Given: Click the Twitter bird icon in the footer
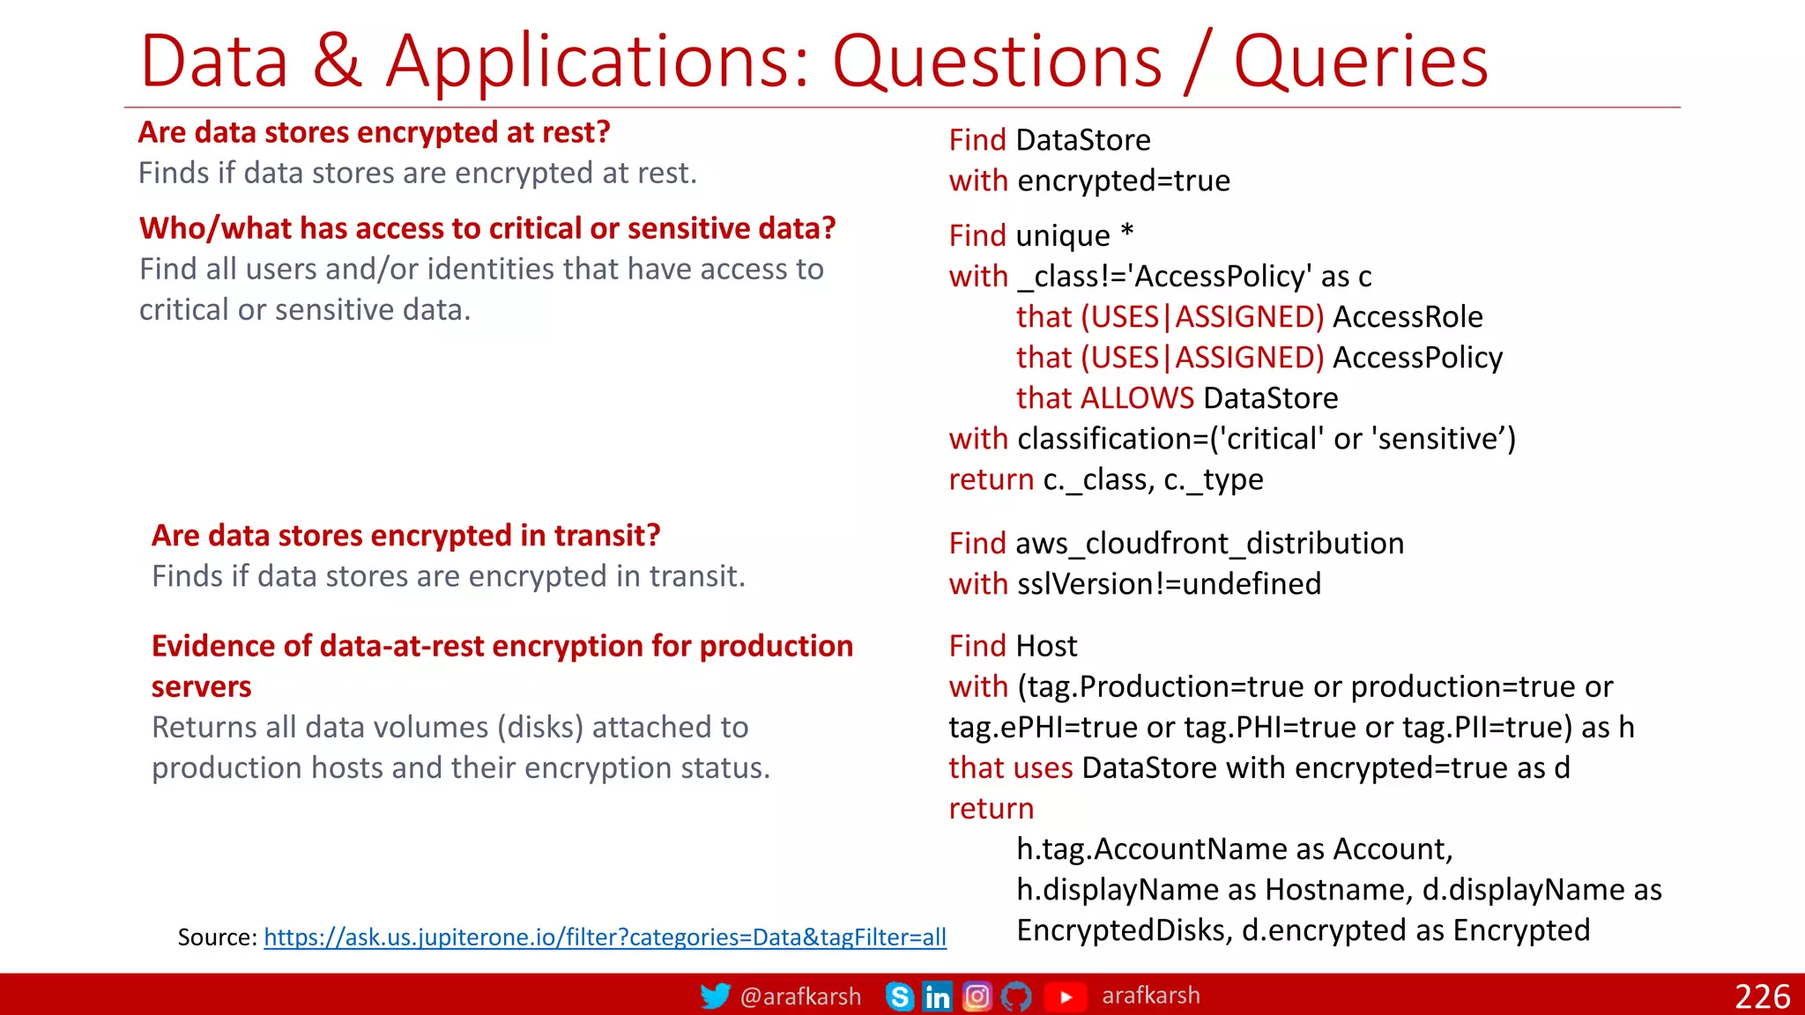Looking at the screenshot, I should [715, 996].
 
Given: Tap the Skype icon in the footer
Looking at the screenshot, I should [899, 996].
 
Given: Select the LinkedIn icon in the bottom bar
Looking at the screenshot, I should [937, 996].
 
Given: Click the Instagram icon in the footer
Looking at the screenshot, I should [977, 996].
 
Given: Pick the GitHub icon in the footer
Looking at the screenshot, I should [1016, 996].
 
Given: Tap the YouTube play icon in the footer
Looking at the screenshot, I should [1066, 996].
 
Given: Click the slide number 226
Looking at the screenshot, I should [1762, 996].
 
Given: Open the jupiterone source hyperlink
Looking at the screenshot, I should [605, 937].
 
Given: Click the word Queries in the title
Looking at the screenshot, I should [1360, 62].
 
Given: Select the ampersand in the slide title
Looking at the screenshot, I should [338, 62].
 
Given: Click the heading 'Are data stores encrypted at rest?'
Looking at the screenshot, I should [374, 132].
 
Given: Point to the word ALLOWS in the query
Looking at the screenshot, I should [1137, 398].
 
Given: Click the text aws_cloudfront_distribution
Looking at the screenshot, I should [1209, 544].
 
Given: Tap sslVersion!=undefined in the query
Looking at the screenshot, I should [1169, 584].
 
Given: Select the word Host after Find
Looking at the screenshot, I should [1046, 647].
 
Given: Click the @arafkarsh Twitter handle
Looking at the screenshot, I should [800, 996].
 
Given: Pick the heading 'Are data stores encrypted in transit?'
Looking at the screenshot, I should [405, 536].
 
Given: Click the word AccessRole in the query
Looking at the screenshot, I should [1408, 317].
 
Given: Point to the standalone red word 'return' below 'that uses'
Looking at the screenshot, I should [991, 809].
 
